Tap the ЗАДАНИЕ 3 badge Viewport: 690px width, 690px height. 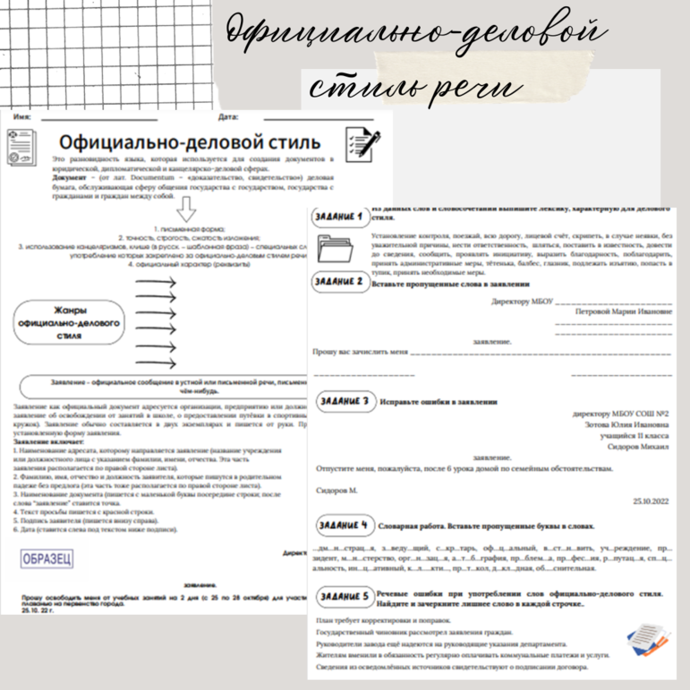344,401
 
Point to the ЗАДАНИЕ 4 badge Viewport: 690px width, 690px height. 344,524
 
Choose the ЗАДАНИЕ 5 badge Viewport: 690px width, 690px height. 344,596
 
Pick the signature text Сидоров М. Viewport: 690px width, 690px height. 337,490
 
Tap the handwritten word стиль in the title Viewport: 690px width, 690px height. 371,88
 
